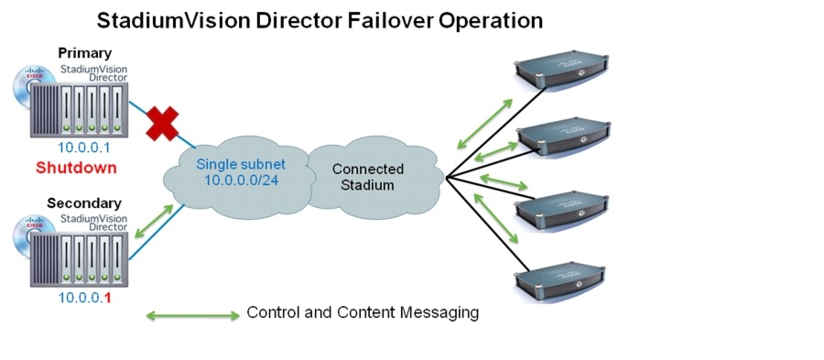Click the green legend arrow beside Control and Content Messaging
tap(192, 317)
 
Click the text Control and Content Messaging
tap(363, 312)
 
